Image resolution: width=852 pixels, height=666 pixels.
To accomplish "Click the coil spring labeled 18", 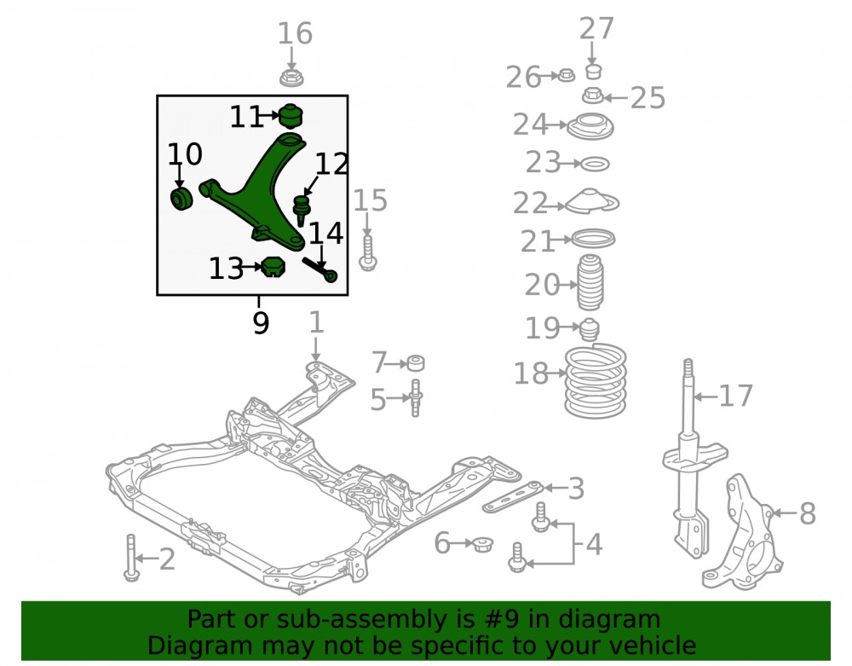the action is tap(596, 380).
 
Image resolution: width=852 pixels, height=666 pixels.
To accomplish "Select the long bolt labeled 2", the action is tap(131, 557).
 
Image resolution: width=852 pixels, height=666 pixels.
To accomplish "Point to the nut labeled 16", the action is tap(291, 77).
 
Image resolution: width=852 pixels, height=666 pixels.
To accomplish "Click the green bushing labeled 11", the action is tap(291, 116).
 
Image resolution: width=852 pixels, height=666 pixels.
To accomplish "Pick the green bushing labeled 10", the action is tap(181, 199).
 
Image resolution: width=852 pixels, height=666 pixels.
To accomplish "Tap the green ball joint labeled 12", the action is tap(301, 209).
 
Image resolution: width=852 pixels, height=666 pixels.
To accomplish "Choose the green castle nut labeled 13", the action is tap(273, 266).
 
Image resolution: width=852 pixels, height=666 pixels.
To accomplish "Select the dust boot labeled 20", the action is tap(590, 282).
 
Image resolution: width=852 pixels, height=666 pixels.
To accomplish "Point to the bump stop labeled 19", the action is tap(590, 329).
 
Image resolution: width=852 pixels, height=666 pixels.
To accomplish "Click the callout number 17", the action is tap(736, 396).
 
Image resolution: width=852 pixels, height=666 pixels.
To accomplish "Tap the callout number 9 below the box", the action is tap(261, 323).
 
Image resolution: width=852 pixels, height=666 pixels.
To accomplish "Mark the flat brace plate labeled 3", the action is tap(513, 496).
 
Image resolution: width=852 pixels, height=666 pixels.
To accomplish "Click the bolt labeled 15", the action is tap(368, 252).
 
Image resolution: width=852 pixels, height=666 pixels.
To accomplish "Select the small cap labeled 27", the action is tap(593, 72).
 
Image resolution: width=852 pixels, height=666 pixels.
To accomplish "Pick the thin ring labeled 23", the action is tap(596, 163).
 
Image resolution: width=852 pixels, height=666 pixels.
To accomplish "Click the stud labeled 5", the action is tap(416, 397).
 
